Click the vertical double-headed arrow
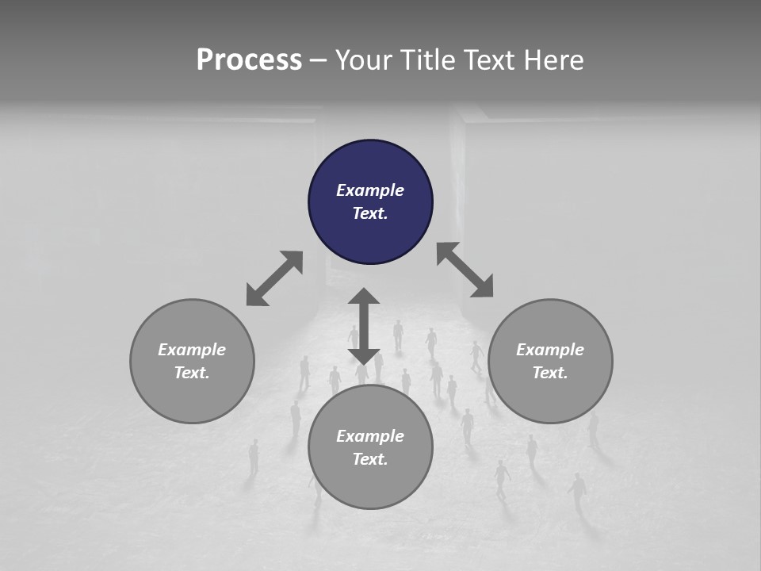[x=364, y=326]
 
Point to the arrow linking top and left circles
[x=274, y=278]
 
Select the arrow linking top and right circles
[x=465, y=270]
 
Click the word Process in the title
[x=249, y=60]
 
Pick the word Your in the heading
[x=361, y=60]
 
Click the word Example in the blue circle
[x=370, y=190]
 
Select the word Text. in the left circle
[x=192, y=373]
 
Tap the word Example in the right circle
[x=550, y=350]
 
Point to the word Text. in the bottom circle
[x=370, y=459]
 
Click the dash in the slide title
[x=319, y=60]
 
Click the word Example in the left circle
[x=192, y=350]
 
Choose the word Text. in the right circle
[x=550, y=373]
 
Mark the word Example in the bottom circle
[x=370, y=436]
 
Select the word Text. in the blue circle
[x=370, y=213]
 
